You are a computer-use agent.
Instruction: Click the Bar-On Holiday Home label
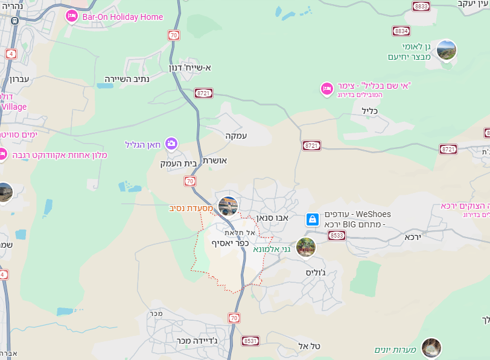coord(122,17)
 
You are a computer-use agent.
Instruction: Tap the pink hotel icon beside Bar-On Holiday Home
coord(72,16)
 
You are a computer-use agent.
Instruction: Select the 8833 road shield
coord(421,6)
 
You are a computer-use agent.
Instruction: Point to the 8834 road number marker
coord(401,31)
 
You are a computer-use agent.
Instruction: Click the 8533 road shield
coord(337,236)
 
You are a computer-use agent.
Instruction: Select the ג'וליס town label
coord(316,272)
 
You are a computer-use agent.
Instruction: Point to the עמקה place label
coord(236,136)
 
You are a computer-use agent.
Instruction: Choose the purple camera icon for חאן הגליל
coord(171,144)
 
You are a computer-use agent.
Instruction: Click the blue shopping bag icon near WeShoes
coord(312,219)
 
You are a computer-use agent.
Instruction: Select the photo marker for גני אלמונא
coord(306,247)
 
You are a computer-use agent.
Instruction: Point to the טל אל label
coord(308,346)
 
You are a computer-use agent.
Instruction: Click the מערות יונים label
coord(395,350)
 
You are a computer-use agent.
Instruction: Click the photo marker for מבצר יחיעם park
coord(447,51)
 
